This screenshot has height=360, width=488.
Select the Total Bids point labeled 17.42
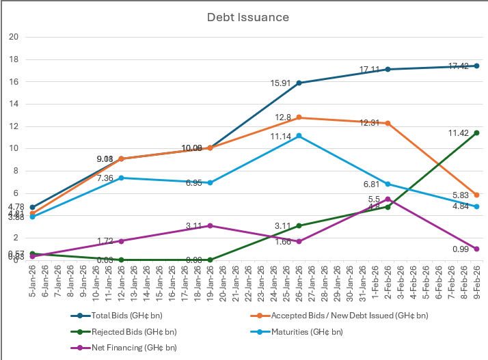pyautogui.click(x=476, y=66)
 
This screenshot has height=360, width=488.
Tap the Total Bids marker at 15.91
pyautogui.click(x=299, y=83)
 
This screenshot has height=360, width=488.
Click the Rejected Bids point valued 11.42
pyautogui.click(x=476, y=133)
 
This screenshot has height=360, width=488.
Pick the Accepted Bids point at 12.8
pyautogui.click(x=299, y=117)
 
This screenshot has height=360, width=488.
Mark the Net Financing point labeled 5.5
pyautogui.click(x=388, y=199)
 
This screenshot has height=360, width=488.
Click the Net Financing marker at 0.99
pyautogui.click(x=476, y=249)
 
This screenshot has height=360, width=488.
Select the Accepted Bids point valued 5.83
pyautogui.click(x=476, y=195)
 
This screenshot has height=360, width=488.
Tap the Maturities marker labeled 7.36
pyautogui.click(x=121, y=178)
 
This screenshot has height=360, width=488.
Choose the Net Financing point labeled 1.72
pyautogui.click(x=121, y=241)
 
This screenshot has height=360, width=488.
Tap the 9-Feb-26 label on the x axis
pyautogui.click(x=476, y=280)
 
